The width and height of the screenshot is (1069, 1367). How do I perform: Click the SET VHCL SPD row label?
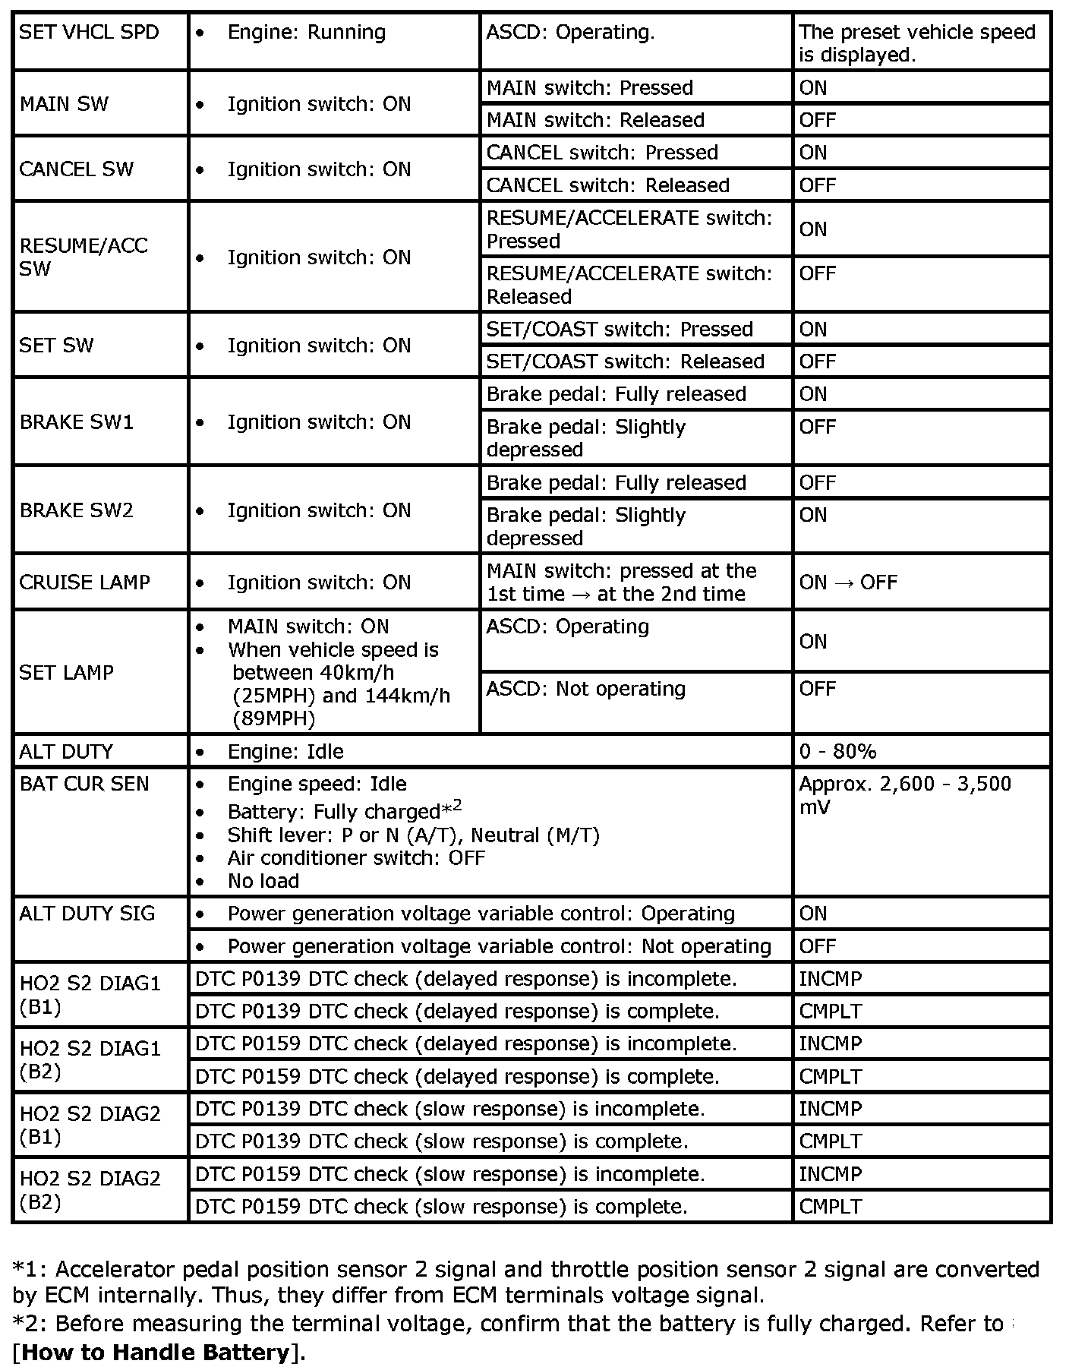[x=90, y=33]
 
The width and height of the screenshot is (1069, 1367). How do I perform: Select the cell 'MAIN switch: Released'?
[x=595, y=120]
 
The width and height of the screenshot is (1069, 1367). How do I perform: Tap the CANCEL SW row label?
[x=76, y=169]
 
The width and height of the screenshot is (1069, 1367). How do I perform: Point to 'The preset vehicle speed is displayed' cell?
[x=917, y=43]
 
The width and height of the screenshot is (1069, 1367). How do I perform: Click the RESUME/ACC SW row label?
[x=84, y=257]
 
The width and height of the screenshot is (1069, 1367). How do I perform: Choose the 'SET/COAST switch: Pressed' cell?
[x=620, y=329]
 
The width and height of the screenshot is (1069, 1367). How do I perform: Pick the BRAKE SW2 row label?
[x=76, y=510]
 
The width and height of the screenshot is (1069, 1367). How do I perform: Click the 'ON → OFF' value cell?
[x=848, y=582]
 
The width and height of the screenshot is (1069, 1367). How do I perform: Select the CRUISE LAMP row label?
[x=85, y=582]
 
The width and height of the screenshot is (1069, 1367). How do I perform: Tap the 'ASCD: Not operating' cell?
[x=585, y=689]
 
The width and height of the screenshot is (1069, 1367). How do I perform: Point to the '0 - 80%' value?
[x=837, y=752]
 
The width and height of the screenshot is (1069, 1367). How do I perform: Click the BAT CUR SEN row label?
[x=84, y=785]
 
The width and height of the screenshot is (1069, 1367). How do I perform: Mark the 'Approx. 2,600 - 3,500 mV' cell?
[x=905, y=795]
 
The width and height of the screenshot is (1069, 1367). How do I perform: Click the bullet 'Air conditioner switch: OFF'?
[x=356, y=858]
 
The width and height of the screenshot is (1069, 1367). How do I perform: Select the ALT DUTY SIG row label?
[x=87, y=914]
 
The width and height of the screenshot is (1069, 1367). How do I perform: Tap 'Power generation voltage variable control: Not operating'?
[x=499, y=946]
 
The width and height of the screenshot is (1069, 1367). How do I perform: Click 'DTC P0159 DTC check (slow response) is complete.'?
[x=441, y=1207]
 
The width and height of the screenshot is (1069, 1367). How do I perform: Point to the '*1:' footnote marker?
[x=30, y=1270]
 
